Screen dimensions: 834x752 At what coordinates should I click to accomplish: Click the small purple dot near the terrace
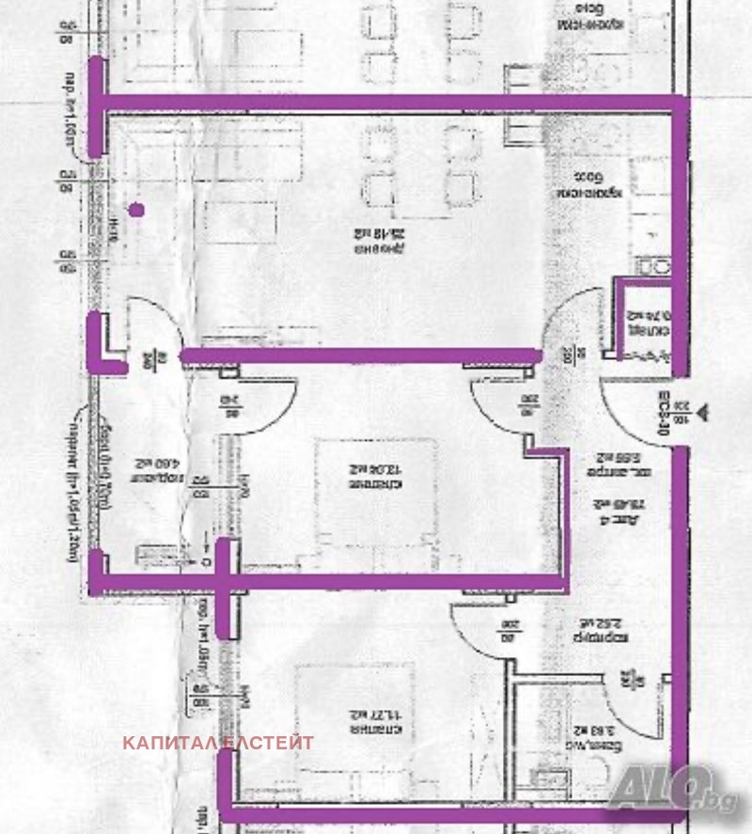click(137, 211)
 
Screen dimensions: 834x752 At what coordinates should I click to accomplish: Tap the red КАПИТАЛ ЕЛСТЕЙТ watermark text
click(218, 743)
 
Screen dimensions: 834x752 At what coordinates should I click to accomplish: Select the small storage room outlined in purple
click(649, 320)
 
